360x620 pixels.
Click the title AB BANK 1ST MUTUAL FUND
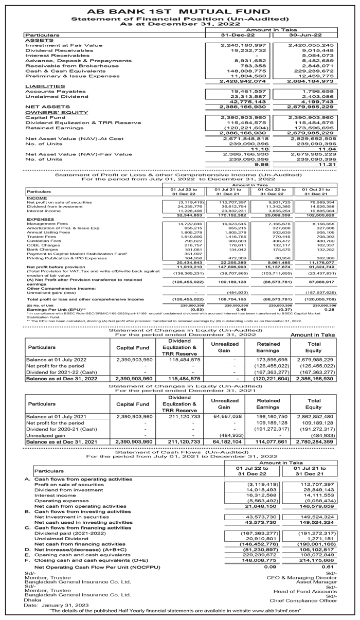click(179, 10)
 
